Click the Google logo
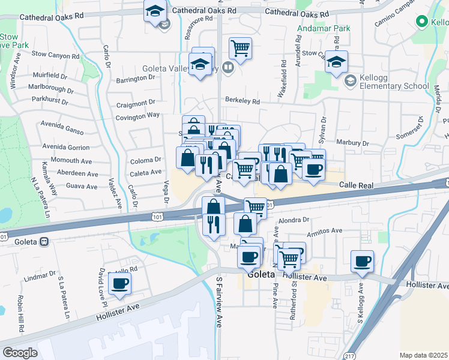point(20,353)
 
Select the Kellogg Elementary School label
point(394,82)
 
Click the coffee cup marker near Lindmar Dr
point(119,283)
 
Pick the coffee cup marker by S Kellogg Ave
point(362,262)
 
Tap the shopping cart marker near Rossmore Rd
point(240,48)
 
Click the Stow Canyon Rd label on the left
point(55,53)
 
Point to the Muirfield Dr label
point(50,76)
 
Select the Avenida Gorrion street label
point(66,147)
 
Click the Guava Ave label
point(82,187)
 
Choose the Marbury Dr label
point(352,143)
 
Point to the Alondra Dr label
point(293,220)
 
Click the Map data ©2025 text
point(423,355)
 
